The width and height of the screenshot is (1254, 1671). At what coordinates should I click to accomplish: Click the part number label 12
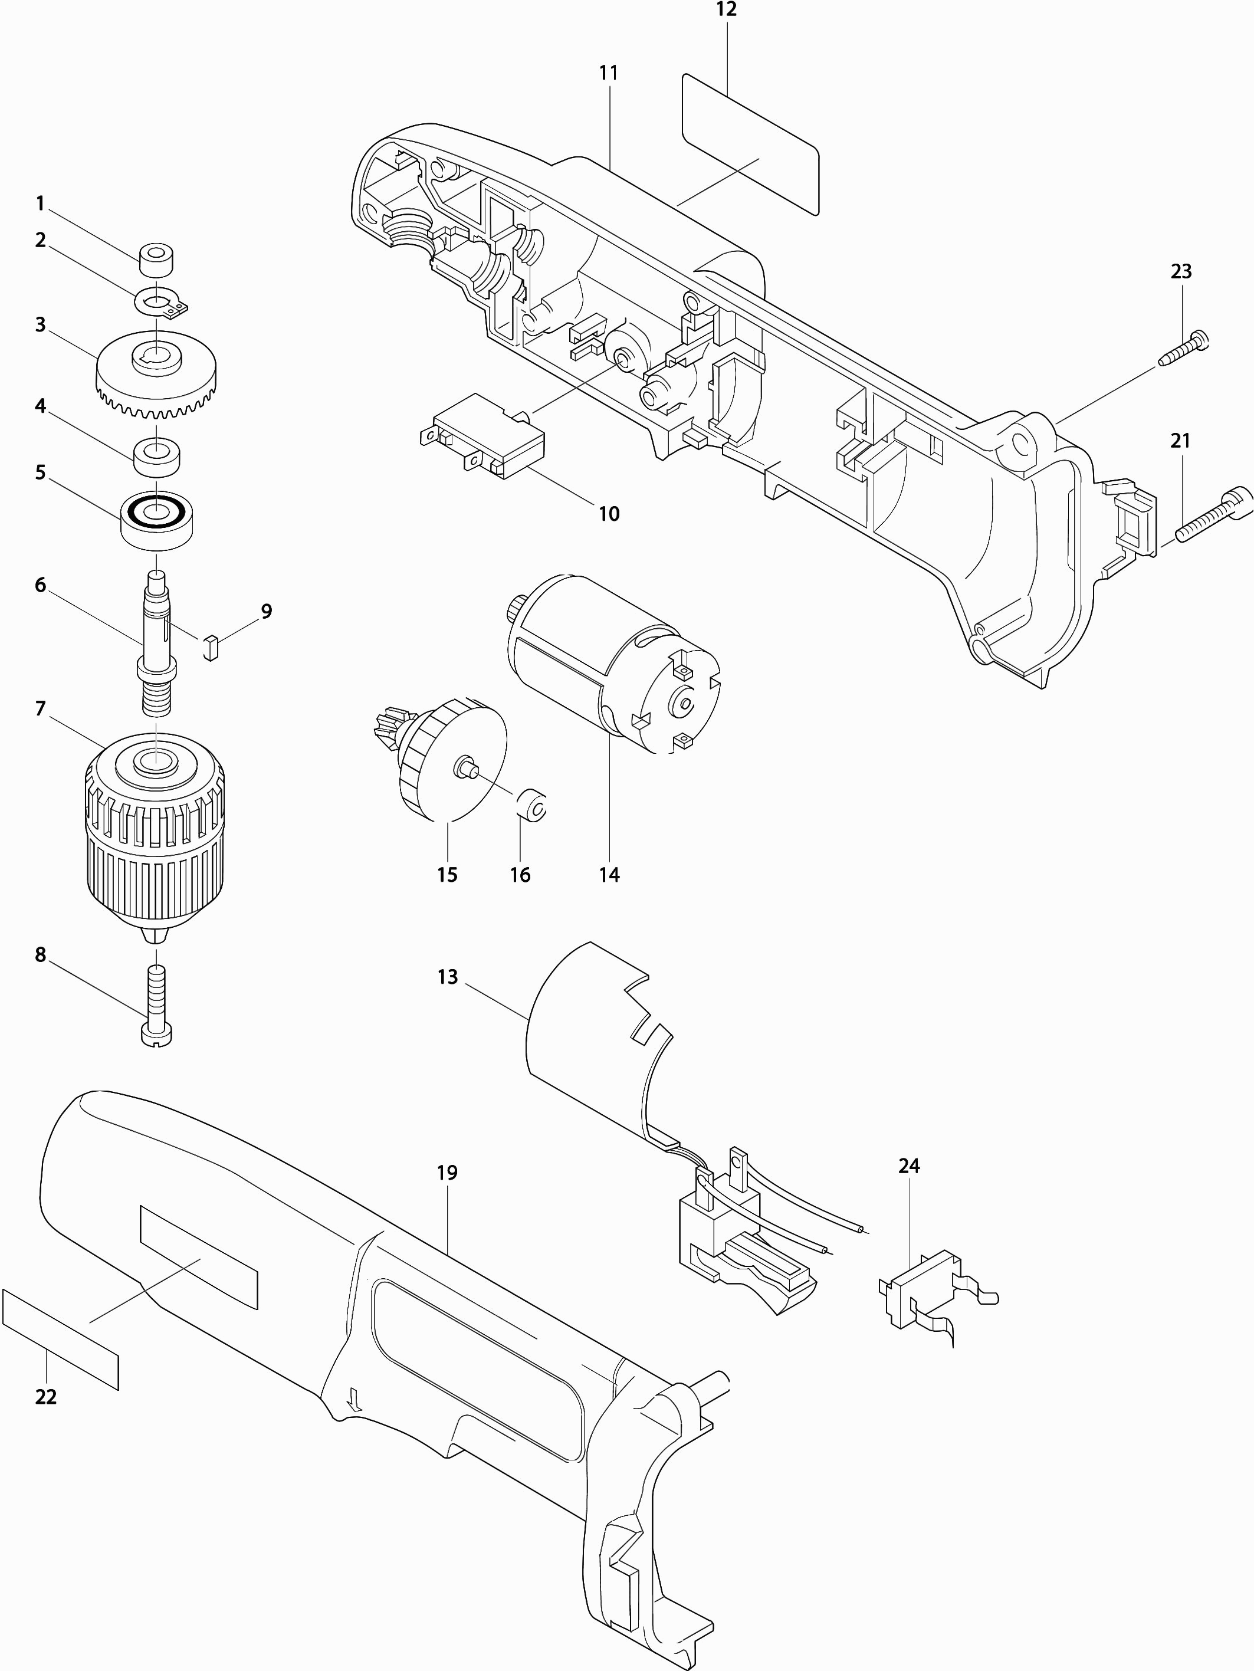point(727,10)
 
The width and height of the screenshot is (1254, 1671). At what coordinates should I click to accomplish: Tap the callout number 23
point(1181,271)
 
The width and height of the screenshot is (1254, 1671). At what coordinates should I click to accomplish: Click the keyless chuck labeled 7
point(156,831)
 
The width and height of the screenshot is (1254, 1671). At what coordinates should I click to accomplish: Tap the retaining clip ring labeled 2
point(162,304)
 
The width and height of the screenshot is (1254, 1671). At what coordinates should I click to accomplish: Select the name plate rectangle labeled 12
point(750,143)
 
